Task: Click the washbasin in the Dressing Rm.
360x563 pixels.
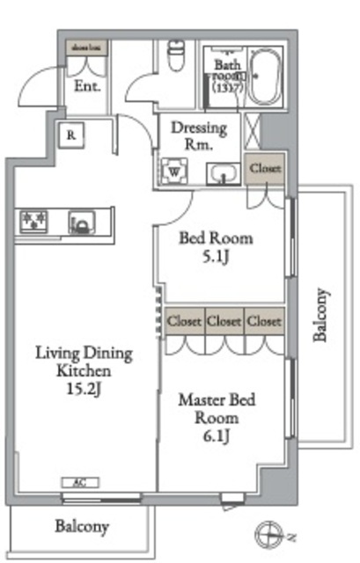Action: [x=223, y=173]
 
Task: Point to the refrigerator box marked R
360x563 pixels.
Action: [x=70, y=135]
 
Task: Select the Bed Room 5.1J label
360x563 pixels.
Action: [x=216, y=247]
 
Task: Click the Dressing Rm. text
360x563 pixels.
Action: [x=198, y=136]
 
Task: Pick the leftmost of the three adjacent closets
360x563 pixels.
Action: [x=184, y=321]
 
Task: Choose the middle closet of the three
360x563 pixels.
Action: [x=224, y=321]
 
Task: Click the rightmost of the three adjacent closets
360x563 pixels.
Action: [x=264, y=321]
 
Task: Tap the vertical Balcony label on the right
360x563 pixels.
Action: [x=321, y=315]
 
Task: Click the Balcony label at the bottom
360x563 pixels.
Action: [x=82, y=527]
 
